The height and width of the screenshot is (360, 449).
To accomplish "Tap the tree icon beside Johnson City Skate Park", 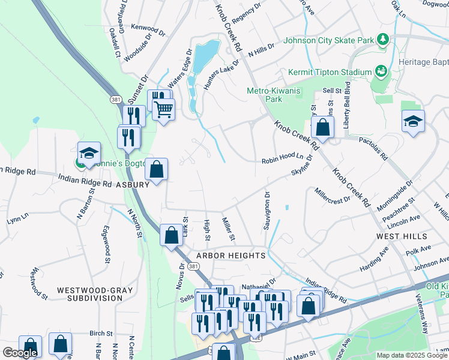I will [x=382, y=40].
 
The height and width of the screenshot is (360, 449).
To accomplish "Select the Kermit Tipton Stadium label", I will [x=329, y=73].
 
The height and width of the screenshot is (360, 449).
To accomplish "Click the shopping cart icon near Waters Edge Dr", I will [x=163, y=110].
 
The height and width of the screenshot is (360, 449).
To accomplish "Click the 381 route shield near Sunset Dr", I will [x=115, y=98].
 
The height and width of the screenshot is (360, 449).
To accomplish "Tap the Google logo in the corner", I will [x=20, y=353].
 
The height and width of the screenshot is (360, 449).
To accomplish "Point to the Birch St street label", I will [x=101, y=333].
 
